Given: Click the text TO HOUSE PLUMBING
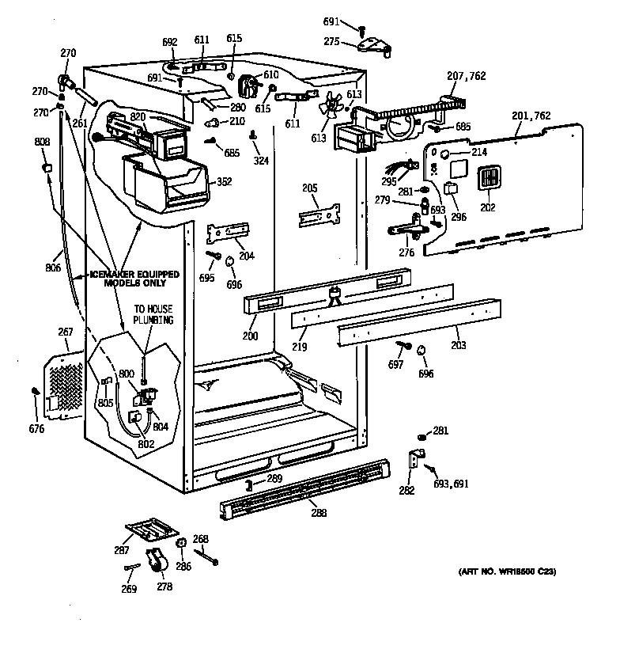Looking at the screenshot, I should point(153,314).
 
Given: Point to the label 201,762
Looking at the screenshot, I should point(531,116).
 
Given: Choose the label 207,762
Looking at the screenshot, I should point(467,76).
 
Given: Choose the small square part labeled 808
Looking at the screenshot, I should point(46,167).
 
